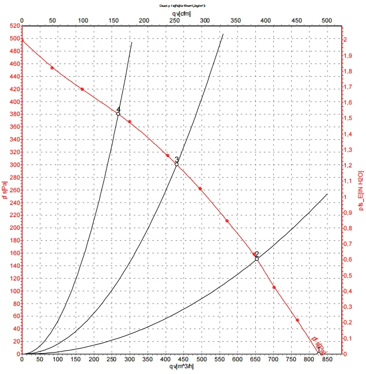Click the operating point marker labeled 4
pos(118,114)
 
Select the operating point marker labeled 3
pos(176,164)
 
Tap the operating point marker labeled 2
pos(256,259)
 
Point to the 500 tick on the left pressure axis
pos(13,39)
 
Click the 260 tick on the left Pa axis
pos(13,190)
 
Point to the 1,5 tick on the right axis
pos(348,118)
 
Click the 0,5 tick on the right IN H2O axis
pos(348,275)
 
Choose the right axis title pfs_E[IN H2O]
pos(361,191)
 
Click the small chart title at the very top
pos(182,5)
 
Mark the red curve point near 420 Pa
pos(82,89)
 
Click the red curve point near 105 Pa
pos(274,287)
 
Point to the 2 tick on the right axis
pos(346,39)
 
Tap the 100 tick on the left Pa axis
pos(13,291)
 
